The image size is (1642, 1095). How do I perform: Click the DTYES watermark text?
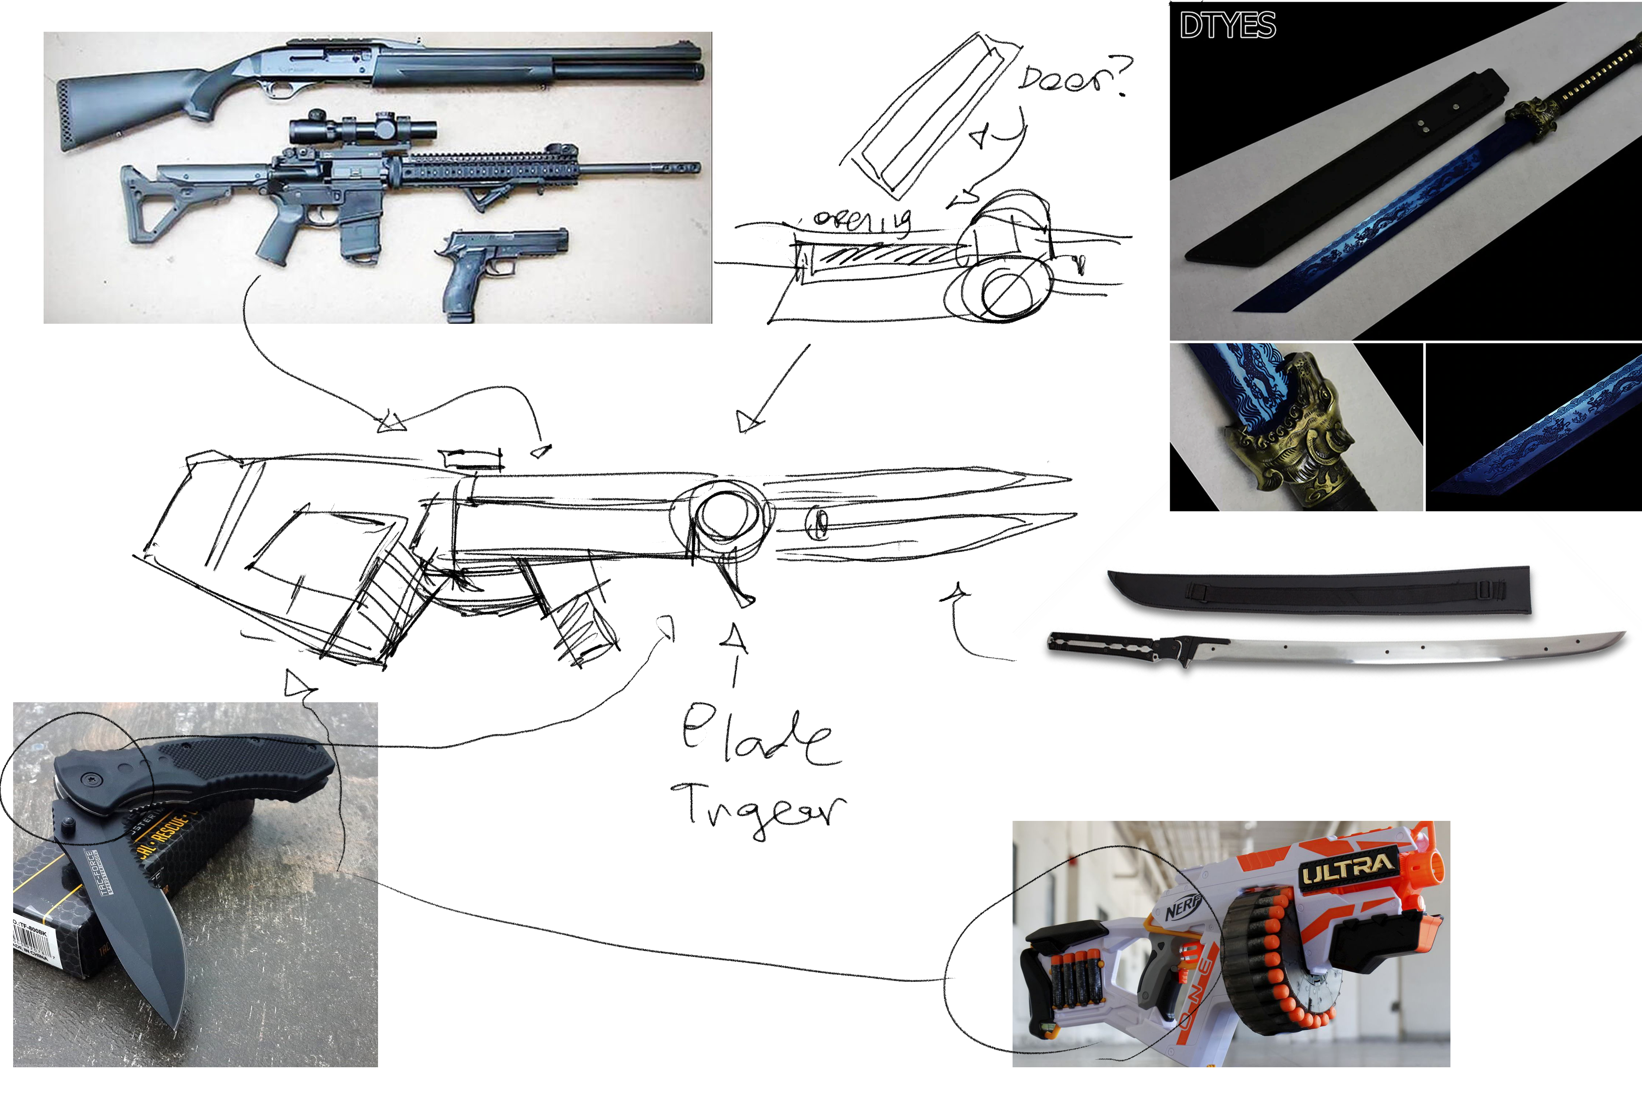(1227, 26)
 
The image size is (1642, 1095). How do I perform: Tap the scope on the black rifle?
(363, 129)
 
